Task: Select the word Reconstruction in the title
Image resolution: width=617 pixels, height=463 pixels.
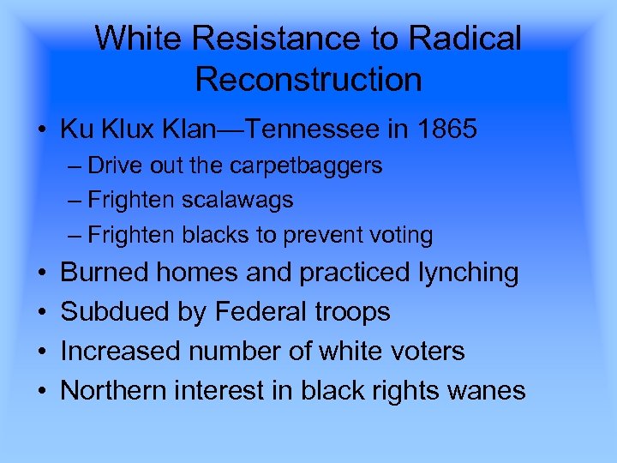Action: (308, 79)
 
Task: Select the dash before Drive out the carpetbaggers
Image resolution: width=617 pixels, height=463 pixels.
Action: (75, 165)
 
